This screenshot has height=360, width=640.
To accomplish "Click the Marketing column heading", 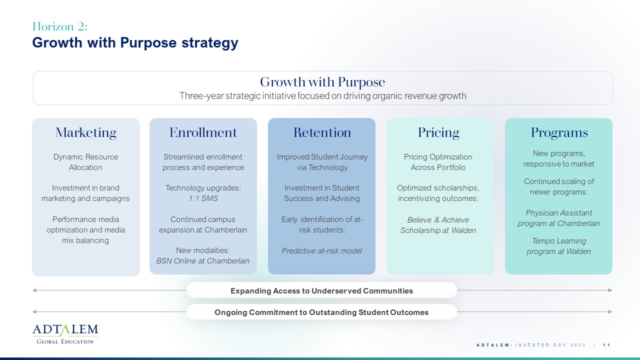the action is [85, 132].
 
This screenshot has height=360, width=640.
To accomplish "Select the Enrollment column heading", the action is [203, 132].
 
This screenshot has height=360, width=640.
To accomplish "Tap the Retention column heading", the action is [322, 132].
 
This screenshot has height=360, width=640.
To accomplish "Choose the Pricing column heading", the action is [438, 132].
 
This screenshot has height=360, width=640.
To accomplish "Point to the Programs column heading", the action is [559, 132].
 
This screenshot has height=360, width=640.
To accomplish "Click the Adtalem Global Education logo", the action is [65, 334].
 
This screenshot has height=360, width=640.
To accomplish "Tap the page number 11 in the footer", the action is [606, 345].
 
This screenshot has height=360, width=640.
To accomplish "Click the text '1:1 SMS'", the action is [203, 198].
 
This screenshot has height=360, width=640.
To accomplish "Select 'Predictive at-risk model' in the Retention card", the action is [321, 251].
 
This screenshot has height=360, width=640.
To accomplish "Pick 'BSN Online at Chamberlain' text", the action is [203, 261].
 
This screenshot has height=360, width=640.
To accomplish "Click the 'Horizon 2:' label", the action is [59, 26].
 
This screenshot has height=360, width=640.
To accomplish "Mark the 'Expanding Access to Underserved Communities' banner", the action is [321, 290].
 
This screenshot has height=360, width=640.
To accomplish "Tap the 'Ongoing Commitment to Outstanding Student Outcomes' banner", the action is [321, 312].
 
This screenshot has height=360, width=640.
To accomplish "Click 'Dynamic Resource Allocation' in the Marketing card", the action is [85, 162].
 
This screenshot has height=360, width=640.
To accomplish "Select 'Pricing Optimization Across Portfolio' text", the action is [438, 162].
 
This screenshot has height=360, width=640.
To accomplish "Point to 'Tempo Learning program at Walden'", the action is [559, 246].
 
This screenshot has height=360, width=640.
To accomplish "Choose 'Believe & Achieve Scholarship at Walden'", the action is [438, 225].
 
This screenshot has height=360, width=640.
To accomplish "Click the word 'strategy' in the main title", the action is [210, 43].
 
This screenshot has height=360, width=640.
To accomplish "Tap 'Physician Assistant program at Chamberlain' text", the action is [559, 218].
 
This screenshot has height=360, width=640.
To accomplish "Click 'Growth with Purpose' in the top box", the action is [322, 82].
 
